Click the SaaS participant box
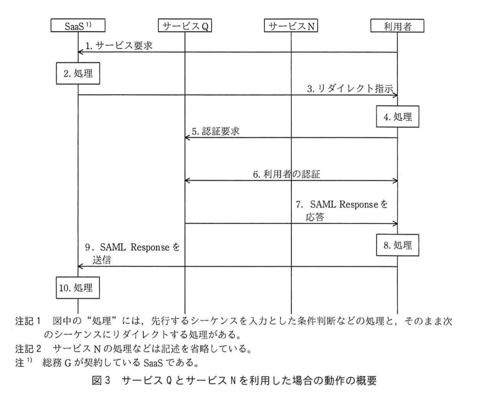point(78,25)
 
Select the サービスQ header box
point(185,26)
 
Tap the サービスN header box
point(291,26)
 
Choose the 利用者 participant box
point(397,26)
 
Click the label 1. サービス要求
point(119,46)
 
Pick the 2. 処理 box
point(78,73)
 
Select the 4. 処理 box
point(397,116)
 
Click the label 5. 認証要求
point(215,131)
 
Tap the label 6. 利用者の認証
point(286,174)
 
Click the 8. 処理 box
point(397,245)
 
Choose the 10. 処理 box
point(78,288)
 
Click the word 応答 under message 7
point(315,217)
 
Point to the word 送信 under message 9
point(102,260)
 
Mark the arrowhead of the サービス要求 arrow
point(80,52)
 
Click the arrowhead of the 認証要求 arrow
point(187,138)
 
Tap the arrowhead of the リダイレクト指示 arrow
point(395,95)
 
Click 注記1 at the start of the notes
point(28,321)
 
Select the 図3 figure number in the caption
point(101,380)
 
